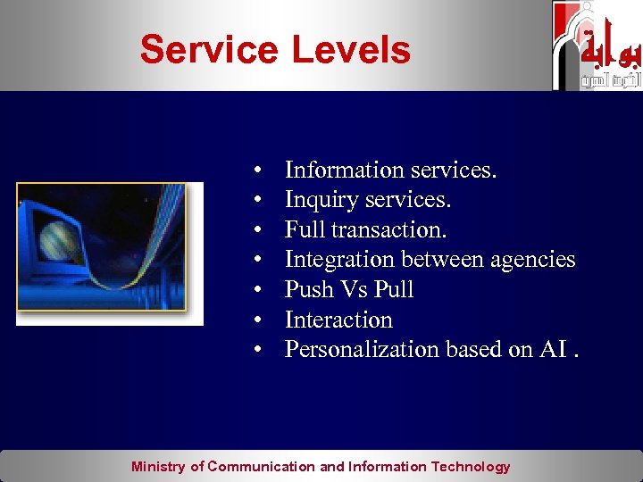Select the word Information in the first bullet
[x=344, y=170]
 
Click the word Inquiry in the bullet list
[x=321, y=200]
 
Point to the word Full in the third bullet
[x=305, y=229]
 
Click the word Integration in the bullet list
[x=339, y=260]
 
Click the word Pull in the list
[x=394, y=289]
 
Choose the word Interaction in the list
[x=338, y=320]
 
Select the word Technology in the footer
[x=471, y=467]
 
